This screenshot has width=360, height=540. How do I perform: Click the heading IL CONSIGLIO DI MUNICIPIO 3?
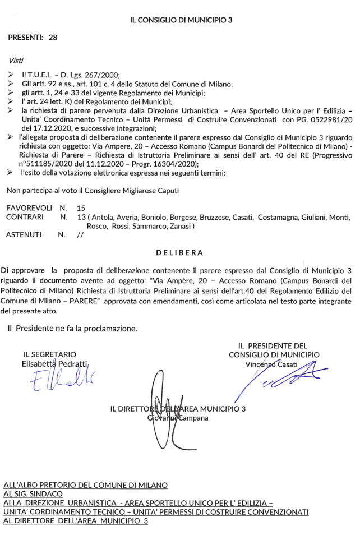point(181,20)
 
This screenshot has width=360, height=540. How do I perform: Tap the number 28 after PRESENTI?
point(53,38)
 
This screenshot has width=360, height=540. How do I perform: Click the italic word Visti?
point(16,60)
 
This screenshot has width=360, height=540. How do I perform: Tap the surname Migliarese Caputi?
point(151,191)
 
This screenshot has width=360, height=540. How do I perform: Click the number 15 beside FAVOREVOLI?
point(81,207)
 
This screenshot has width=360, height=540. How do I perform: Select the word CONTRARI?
point(25,216)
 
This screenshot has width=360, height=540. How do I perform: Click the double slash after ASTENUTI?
point(80,235)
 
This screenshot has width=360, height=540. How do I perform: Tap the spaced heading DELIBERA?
point(179,252)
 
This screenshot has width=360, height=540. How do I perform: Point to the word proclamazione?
point(111,327)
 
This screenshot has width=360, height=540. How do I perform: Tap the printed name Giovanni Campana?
point(177,418)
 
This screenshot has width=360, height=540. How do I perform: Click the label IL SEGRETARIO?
point(49,354)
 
